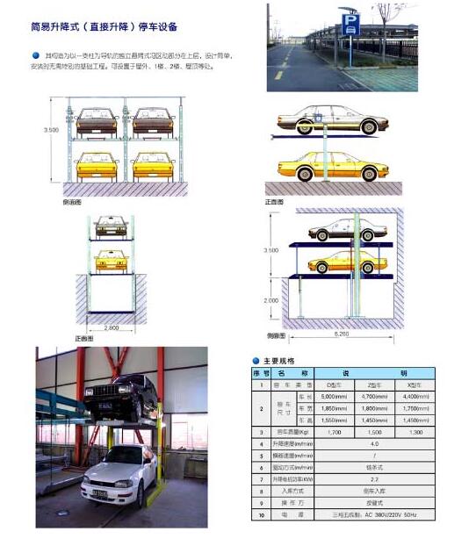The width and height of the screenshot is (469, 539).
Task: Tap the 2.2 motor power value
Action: coord(373,480)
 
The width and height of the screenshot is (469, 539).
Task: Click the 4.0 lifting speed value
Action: coord(373,444)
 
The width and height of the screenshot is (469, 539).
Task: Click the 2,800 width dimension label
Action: coord(111,327)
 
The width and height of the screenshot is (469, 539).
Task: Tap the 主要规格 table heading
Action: coord(280,361)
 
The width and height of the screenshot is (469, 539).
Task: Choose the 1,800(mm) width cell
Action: coord(373,409)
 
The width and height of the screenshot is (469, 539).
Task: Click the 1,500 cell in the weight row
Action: coord(373,432)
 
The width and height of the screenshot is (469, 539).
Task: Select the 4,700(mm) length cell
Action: coord(373,398)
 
